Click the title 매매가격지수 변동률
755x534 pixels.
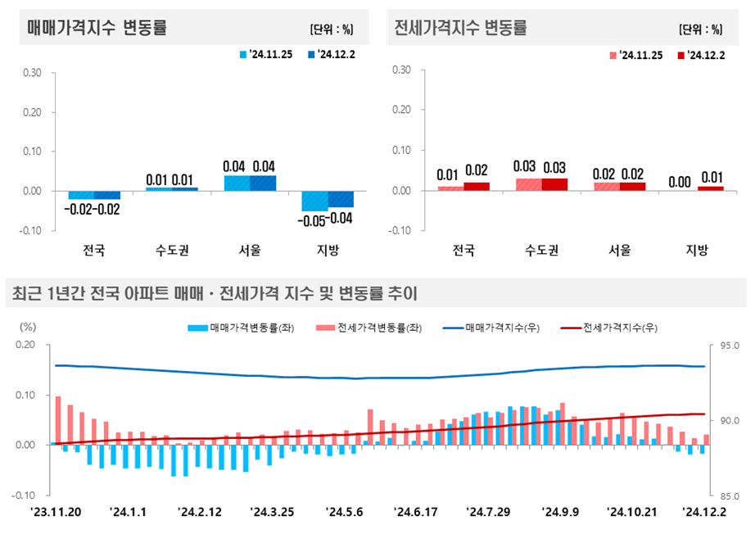(x=97, y=27)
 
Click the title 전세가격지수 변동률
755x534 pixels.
(x=460, y=27)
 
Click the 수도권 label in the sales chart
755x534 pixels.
(x=173, y=251)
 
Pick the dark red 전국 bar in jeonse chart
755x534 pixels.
(x=477, y=187)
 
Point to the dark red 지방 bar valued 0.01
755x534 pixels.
(x=711, y=188)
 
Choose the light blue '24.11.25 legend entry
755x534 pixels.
(x=264, y=55)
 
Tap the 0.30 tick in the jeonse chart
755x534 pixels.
(x=401, y=70)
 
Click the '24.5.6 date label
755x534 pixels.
(x=345, y=513)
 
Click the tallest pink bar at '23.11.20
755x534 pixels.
(x=58, y=420)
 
